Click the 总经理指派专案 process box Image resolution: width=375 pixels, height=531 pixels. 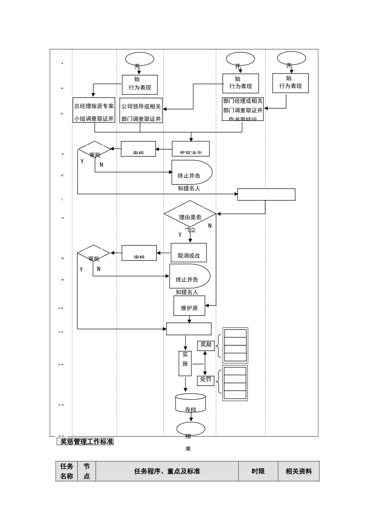[94, 110]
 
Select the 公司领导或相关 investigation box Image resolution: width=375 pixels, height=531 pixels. [141, 110]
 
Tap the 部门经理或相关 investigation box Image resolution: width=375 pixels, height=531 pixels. [243, 109]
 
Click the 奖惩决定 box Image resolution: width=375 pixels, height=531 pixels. [191, 149]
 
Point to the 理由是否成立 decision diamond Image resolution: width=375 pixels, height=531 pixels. [190, 214]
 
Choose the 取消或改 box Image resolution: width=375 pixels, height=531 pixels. [189, 253]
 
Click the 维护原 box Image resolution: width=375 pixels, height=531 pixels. [189, 306]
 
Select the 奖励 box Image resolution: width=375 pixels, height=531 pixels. [206, 345]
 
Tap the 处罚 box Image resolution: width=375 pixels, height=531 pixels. [206, 380]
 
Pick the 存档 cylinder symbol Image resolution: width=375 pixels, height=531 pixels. [191, 403]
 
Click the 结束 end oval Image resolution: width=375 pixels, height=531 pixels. [191, 429]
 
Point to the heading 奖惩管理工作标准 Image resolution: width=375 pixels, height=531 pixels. [85, 442]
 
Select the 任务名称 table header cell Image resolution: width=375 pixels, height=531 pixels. [67, 471]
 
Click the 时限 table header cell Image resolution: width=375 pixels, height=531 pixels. [258, 471]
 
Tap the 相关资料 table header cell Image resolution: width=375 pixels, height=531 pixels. [299, 471]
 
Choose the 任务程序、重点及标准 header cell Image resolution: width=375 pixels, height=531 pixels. [167, 471]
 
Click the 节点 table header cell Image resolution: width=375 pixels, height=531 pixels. [86, 471]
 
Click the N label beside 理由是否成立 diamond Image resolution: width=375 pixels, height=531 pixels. [210, 226]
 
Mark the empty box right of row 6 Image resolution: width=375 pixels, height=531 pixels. [266, 195]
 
